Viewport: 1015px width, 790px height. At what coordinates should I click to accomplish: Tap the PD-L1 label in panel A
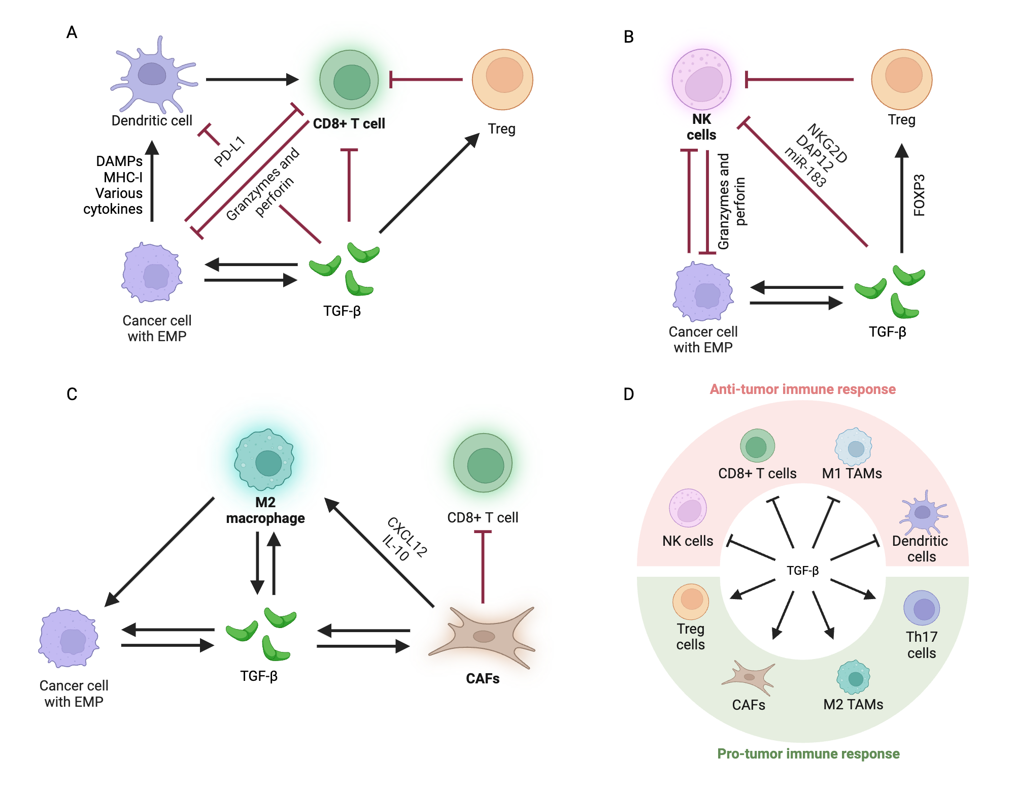(x=229, y=151)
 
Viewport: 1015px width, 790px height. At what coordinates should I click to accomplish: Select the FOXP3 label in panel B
(x=919, y=195)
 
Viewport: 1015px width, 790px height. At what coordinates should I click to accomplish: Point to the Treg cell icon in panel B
(x=902, y=79)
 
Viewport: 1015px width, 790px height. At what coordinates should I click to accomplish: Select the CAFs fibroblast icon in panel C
(x=482, y=637)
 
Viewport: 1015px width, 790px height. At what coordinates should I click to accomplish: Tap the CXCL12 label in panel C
(x=408, y=537)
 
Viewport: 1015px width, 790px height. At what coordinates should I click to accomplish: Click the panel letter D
(x=628, y=394)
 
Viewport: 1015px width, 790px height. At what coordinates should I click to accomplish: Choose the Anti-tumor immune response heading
(x=802, y=389)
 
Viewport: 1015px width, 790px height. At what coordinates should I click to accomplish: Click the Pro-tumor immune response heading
(x=808, y=754)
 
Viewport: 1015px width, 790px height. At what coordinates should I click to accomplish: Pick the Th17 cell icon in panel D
(x=922, y=608)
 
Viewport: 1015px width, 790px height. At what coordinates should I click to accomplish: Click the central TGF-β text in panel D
(x=802, y=571)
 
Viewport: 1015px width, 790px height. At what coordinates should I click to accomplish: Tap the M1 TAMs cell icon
(x=854, y=447)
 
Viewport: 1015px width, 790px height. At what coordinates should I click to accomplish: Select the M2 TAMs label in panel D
(x=853, y=705)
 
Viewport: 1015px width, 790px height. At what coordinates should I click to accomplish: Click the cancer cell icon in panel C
(x=69, y=638)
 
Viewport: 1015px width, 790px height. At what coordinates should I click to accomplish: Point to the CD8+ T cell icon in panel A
(x=349, y=80)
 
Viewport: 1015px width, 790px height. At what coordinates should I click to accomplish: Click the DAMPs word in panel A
(x=119, y=161)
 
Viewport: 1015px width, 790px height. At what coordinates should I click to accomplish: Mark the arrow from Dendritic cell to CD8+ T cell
(x=252, y=80)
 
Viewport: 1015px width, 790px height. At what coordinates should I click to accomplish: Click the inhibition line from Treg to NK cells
(x=799, y=80)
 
